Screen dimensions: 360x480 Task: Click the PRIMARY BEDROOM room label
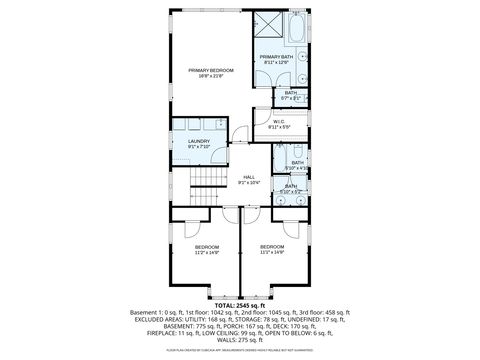tap(210, 70)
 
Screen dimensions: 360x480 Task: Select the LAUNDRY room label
tap(199, 141)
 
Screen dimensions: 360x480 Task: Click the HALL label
tap(249, 177)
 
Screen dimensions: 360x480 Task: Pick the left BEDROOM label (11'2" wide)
tap(206, 246)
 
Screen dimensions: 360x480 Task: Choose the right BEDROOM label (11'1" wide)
tap(272, 246)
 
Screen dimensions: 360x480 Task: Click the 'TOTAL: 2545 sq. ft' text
tap(240, 304)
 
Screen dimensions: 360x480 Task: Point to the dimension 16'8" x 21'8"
tap(210, 76)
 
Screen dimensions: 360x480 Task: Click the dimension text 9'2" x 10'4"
tap(249, 183)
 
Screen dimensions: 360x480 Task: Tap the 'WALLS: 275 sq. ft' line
tap(240, 341)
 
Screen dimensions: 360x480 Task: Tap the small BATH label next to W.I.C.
tap(290, 93)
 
